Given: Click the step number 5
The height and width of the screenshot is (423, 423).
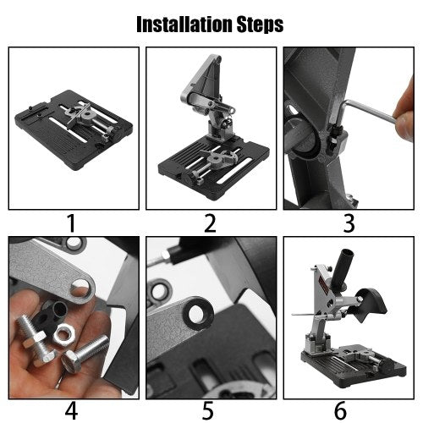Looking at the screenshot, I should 210,409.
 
